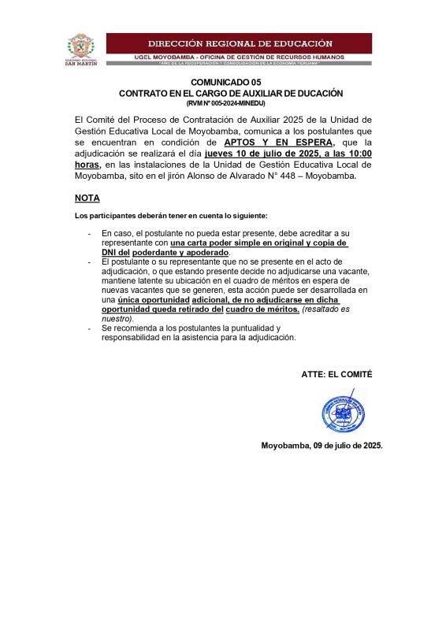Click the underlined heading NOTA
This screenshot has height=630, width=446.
pos(87,198)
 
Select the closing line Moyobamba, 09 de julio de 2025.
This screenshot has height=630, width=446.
pos(322,446)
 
